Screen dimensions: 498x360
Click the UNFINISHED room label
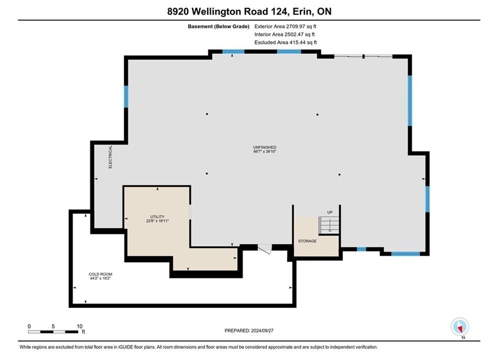pyautogui.click(x=265, y=147)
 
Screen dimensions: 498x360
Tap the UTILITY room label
pyautogui.click(x=157, y=216)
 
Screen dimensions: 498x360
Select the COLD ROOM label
pyautogui.click(x=101, y=274)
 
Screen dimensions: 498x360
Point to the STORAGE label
pyautogui.click(x=307, y=241)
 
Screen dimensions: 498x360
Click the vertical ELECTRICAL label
pyautogui.click(x=111, y=156)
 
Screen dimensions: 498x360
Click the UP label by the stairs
pyautogui.click(x=330, y=212)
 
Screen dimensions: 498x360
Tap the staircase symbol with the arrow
pyautogui.click(x=329, y=225)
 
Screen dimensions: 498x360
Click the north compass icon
pyautogui.click(x=459, y=326)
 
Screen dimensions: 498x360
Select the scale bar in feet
pyautogui.click(x=53, y=332)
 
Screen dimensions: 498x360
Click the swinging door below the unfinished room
pyautogui.click(x=265, y=249)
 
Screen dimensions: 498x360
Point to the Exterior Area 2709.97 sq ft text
pyautogui.click(x=285, y=26)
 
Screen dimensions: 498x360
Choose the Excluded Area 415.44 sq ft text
pyautogui.click(x=285, y=42)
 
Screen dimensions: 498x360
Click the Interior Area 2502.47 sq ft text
pyautogui.click(x=285, y=34)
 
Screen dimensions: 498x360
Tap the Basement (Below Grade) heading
pyautogui.click(x=219, y=26)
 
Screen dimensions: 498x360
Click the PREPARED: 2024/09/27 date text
pyautogui.click(x=249, y=330)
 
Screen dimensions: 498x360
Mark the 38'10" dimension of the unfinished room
pyautogui.click(x=271, y=151)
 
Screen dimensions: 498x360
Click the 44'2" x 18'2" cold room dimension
pyautogui.click(x=101, y=278)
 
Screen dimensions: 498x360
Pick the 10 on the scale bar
pyautogui.click(x=80, y=326)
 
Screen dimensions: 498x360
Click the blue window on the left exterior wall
pyautogui.click(x=126, y=96)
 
